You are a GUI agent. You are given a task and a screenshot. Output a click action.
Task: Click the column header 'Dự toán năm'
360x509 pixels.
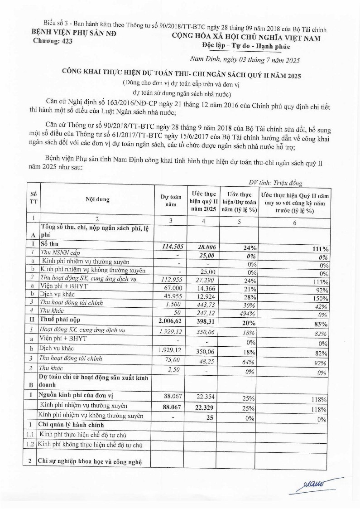(x=171, y=200)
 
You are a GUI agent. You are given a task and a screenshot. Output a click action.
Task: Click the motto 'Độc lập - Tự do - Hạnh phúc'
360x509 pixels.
(x=245, y=46)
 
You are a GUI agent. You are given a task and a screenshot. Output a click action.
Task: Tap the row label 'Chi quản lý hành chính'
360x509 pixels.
(x=72, y=425)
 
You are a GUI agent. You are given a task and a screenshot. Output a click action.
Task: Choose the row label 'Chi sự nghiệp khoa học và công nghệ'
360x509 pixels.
(x=90, y=461)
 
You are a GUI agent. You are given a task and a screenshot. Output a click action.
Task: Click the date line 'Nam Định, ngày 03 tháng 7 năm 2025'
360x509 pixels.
(x=244, y=59)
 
